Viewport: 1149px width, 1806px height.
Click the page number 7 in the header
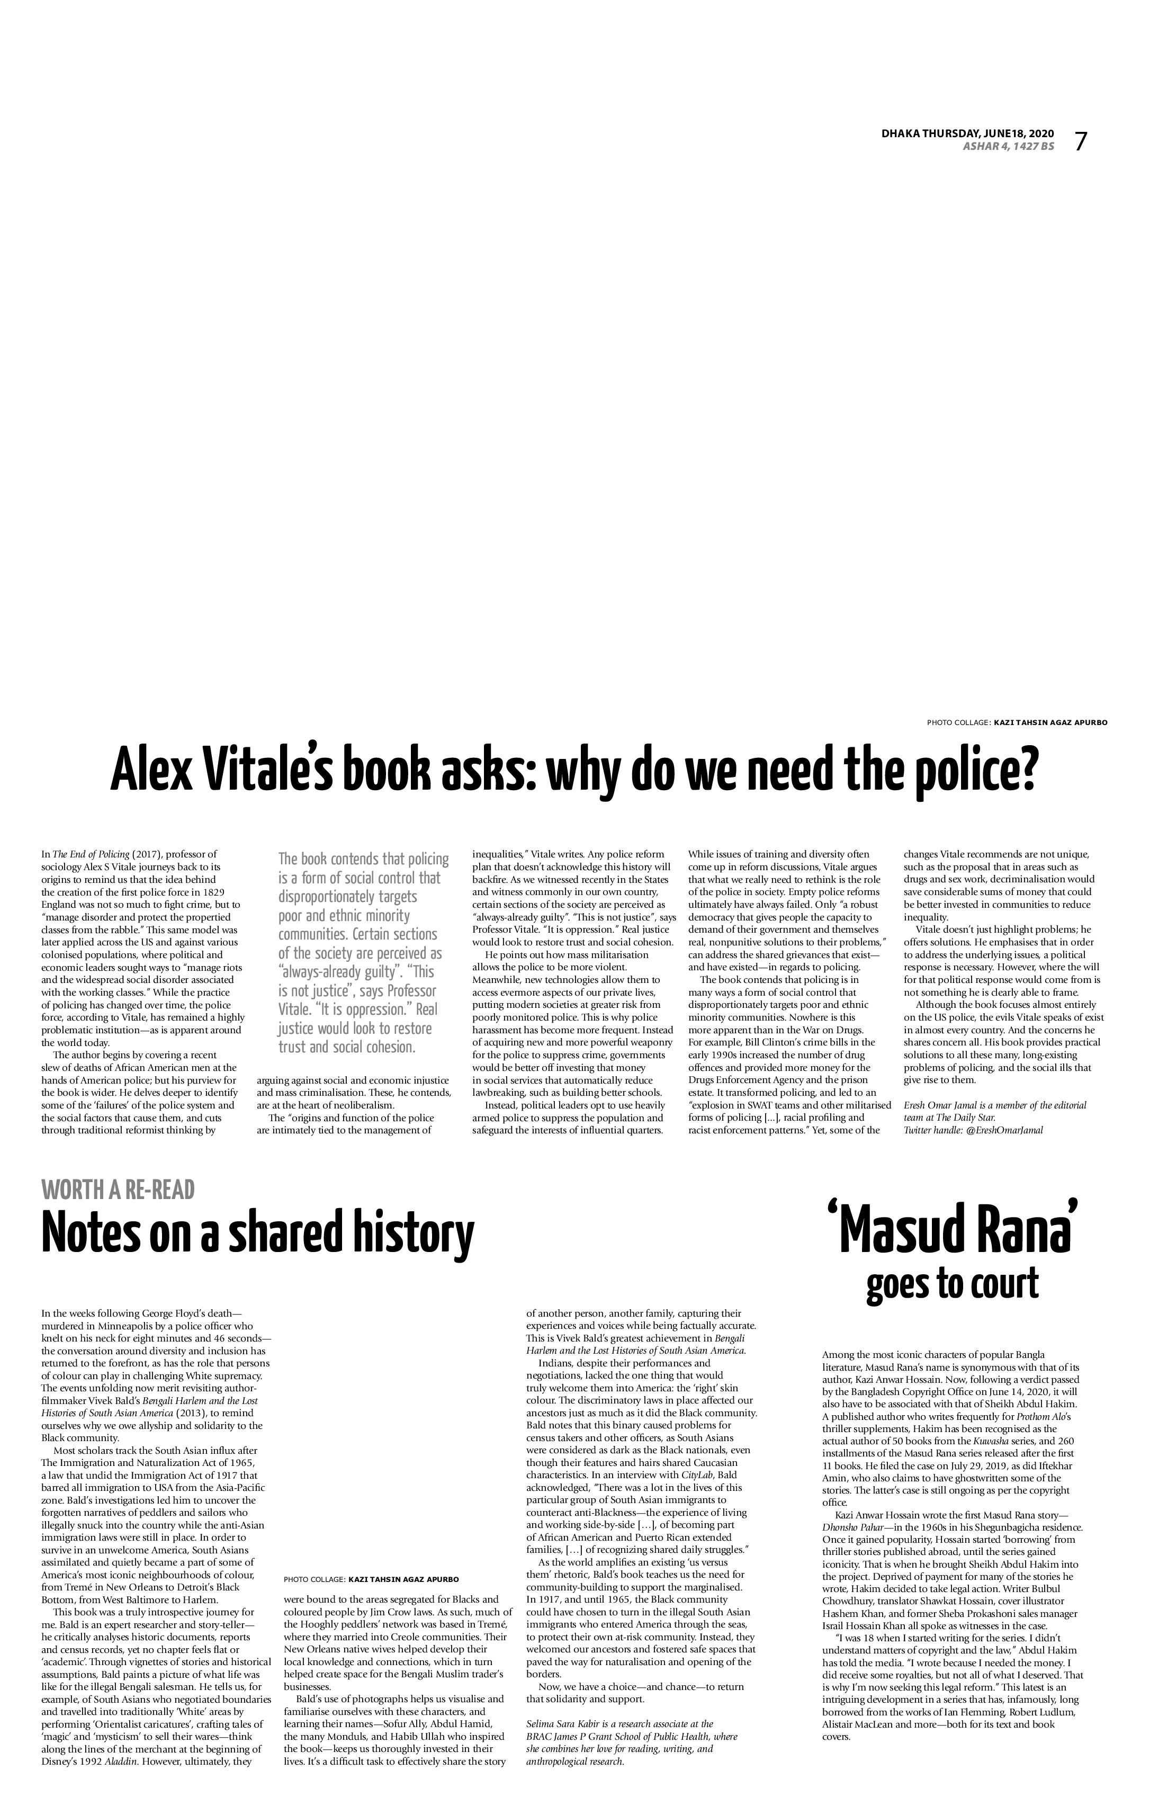pyautogui.click(x=1080, y=141)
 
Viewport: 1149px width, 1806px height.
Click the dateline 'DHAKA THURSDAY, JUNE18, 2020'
pyautogui.click(x=967, y=133)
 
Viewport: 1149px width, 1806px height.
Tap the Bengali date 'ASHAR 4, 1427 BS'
pyautogui.click(x=1008, y=146)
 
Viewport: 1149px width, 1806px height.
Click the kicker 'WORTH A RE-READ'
pyautogui.click(x=119, y=1190)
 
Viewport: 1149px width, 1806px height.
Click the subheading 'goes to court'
pyautogui.click(x=953, y=1283)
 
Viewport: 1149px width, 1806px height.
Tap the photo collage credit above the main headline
pyautogui.click(x=1017, y=722)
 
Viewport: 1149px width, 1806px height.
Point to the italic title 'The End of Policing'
pyautogui.click(x=91, y=854)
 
